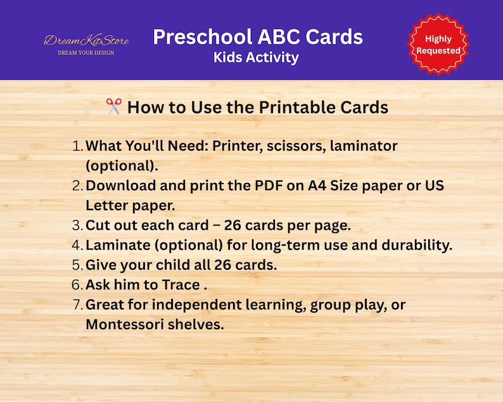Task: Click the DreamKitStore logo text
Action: tap(86, 41)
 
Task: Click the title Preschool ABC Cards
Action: tap(258, 37)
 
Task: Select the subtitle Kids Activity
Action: tap(256, 58)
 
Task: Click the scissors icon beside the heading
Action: tap(114, 108)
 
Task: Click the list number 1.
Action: tap(77, 146)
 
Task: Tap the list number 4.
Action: tap(77, 245)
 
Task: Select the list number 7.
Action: tap(77, 305)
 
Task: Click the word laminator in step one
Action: tap(361, 146)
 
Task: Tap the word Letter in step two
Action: tap(106, 206)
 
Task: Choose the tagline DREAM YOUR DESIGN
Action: tap(86, 53)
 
